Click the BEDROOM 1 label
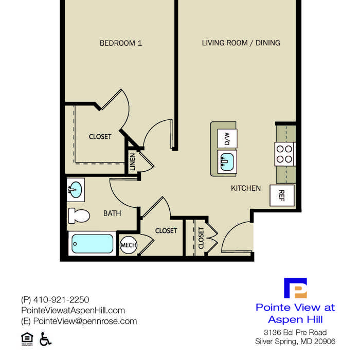121,43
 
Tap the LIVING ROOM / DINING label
241,43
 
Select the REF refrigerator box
282,195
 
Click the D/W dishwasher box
227,138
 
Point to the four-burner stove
284,154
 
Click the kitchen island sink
227,161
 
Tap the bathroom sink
76,190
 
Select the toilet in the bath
79,216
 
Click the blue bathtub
92,244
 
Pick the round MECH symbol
129,245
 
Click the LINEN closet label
133,162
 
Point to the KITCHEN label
246,188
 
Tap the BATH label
112,213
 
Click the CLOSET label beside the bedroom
100,137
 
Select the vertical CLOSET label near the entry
201,238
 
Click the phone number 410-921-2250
61,300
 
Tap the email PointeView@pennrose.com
85,321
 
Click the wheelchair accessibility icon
45,339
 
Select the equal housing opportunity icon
27,339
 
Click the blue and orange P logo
295,288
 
